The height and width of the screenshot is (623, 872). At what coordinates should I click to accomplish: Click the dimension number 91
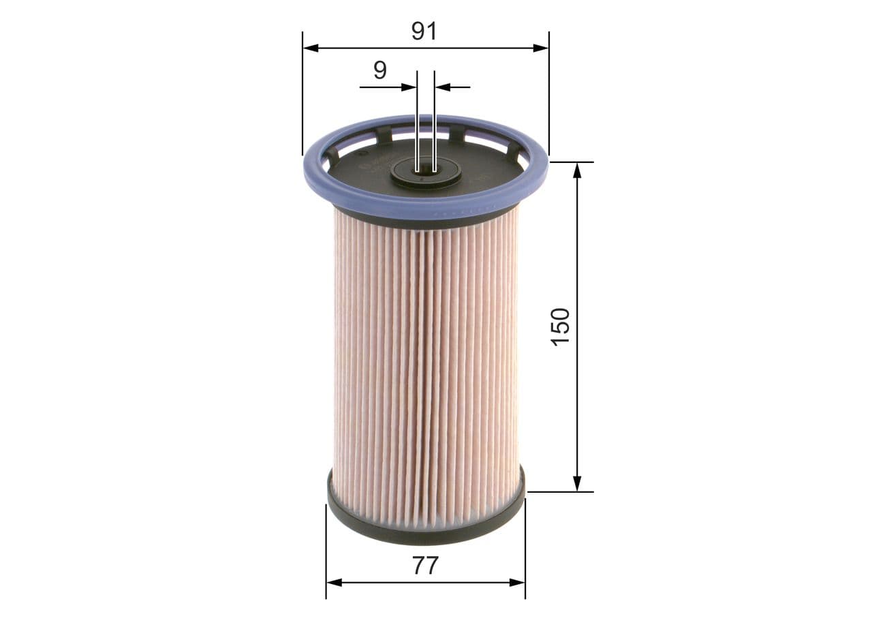[424, 31]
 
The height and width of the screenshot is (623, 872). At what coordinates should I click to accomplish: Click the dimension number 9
[380, 70]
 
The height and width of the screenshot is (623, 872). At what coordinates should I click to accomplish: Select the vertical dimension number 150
[560, 326]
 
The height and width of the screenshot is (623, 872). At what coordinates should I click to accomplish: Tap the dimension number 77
[424, 566]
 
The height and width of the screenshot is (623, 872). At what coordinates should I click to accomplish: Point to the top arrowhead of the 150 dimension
[577, 170]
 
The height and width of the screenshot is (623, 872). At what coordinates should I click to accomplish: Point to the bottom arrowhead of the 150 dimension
[577, 483]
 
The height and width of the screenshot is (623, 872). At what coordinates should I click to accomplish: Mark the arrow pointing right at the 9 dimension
[409, 87]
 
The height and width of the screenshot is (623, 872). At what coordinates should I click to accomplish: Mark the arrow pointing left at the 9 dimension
[443, 87]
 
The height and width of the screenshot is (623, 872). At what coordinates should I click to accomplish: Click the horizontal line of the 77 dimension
[381, 582]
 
